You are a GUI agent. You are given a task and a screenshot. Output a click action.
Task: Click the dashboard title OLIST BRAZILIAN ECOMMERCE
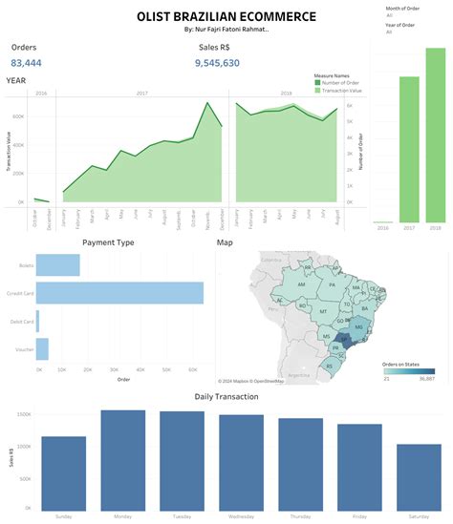pyautogui.click(x=226, y=16)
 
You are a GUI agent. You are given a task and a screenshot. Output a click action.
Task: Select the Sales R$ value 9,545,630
pyautogui.click(x=217, y=63)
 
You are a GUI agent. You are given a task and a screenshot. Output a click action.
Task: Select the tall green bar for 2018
pyautogui.click(x=435, y=134)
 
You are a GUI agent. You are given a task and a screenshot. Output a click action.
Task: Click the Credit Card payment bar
pyautogui.click(x=119, y=293)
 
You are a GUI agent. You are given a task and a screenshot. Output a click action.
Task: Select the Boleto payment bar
pyautogui.click(x=57, y=264)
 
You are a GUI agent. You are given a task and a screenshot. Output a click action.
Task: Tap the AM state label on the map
pyautogui.click(x=301, y=284)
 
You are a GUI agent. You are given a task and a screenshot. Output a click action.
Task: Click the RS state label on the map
pyautogui.click(x=331, y=364)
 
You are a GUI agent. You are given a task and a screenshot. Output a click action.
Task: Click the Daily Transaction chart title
pyautogui.click(x=226, y=395)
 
